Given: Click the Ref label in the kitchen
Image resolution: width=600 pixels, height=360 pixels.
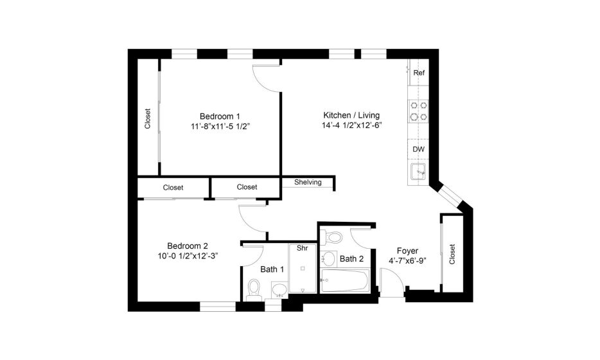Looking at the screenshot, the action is click(419, 73).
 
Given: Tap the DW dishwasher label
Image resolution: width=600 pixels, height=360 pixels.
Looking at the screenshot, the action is click(419, 149).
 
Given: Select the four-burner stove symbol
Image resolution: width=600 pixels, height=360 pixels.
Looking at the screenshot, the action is click(418, 111).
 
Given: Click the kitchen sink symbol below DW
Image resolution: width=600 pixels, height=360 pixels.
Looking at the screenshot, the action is click(418, 172).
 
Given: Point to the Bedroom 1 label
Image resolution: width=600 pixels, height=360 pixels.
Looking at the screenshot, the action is click(220, 116).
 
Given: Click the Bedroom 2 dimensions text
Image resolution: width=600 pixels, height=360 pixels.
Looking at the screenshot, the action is click(188, 256).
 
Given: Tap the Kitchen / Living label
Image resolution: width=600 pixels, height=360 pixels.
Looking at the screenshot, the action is click(351, 115).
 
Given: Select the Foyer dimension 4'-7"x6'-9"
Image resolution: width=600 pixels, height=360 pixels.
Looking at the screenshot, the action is click(407, 261).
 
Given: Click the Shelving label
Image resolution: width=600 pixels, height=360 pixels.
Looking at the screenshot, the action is click(308, 183).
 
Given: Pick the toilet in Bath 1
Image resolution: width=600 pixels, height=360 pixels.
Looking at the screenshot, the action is click(253, 289).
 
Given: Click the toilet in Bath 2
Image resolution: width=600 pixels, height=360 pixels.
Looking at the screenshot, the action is click(331, 237).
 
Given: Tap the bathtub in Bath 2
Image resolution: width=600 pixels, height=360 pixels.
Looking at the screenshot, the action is click(345, 280).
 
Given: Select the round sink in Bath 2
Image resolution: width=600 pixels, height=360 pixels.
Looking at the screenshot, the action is click(328, 259).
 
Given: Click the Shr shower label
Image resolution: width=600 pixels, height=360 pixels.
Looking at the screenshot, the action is click(303, 248).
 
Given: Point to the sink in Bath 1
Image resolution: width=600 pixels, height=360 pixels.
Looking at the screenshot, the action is click(279, 290).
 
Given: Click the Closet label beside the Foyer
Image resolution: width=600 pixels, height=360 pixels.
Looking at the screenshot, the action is click(452, 255).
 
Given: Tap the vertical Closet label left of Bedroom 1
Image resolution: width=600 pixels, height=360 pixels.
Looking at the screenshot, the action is click(148, 119).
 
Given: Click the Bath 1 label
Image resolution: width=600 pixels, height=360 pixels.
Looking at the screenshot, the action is click(272, 269).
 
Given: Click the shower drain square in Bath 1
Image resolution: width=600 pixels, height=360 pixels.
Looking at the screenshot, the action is click(303, 269).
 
